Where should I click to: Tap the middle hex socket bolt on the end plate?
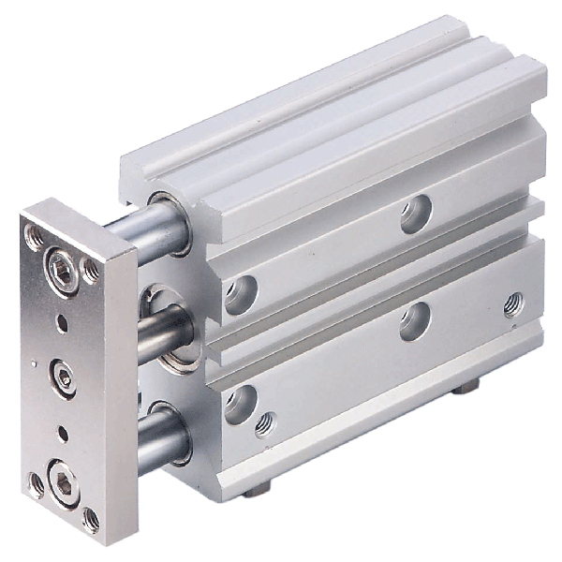click(64, 377)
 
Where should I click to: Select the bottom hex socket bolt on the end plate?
click(65, 485)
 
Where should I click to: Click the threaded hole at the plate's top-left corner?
click(35, 238)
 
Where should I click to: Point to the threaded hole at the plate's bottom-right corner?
click(92, 518)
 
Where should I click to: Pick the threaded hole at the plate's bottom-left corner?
click(37, 483)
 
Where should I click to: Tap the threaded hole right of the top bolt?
click(90, 272)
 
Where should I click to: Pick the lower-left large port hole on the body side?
click(240, 404)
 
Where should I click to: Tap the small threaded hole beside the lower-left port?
click(267, 423)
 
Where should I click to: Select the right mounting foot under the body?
click(466, 384)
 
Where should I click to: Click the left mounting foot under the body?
click(255, 489)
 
